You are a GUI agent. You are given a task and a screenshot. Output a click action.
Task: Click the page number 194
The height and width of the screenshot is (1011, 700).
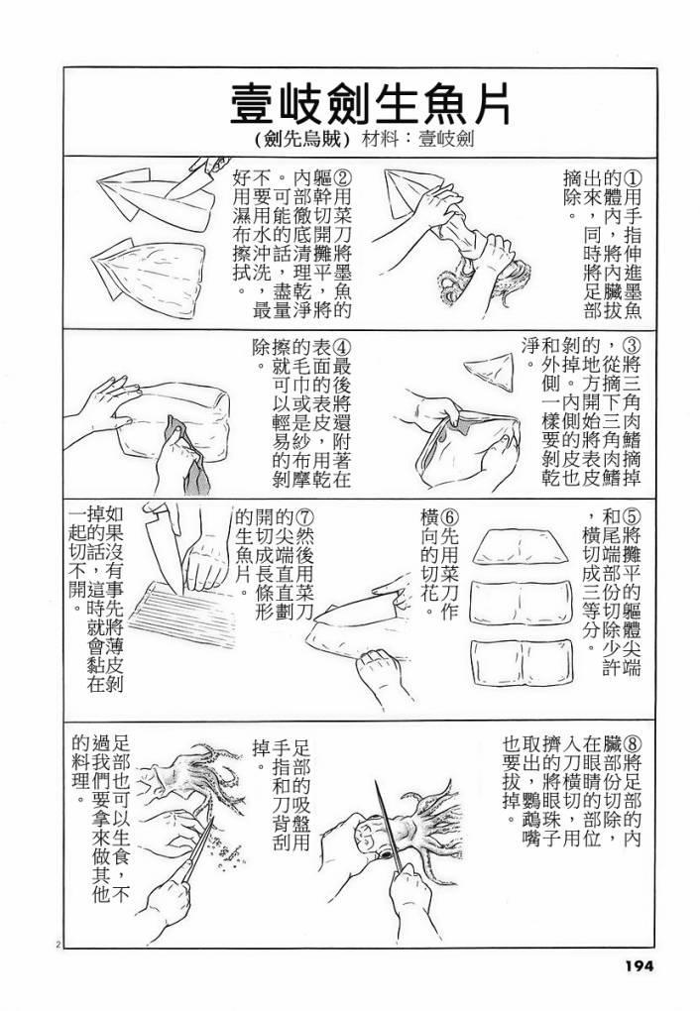(x=639, y=965)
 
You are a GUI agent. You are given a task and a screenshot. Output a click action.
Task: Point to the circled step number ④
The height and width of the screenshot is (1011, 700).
(x=342, y=347)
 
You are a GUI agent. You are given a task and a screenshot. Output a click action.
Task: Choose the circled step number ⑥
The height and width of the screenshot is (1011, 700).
(x=450, y=516)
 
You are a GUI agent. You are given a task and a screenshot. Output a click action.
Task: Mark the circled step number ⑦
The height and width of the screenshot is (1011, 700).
(x=303, y=516)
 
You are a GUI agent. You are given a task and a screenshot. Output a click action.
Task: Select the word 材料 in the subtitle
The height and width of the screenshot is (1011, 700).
(x=381, y=139)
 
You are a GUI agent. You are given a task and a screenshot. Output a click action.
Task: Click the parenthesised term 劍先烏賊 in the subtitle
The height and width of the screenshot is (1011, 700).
(x=302, y=139)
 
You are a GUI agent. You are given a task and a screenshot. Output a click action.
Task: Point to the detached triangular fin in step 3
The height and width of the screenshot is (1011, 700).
(x=490, y=372)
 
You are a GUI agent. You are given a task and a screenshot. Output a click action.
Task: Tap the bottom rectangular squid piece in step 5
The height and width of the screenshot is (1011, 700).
(x=522, y=663)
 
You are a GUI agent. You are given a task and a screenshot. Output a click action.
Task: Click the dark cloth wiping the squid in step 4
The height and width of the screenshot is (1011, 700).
(x=185, y=455)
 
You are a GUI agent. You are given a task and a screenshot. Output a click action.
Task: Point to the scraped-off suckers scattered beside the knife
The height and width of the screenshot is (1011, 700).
(x=227, y=847)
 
